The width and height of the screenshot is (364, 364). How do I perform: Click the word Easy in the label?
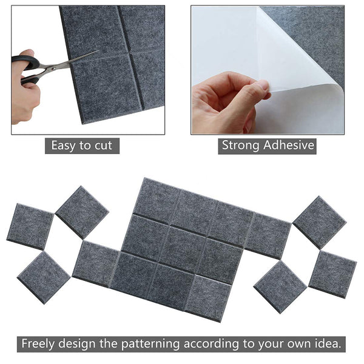[64, 146]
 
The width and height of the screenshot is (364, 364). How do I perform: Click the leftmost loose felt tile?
[30, 226]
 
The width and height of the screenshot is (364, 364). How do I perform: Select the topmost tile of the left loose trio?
[82, 211]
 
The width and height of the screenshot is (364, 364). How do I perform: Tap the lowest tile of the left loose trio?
[43, 277]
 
